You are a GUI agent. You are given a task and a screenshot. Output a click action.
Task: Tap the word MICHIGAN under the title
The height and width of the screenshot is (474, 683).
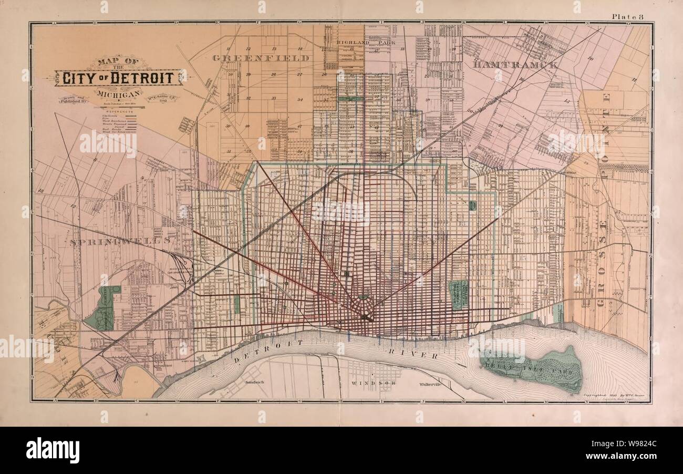[119, 94]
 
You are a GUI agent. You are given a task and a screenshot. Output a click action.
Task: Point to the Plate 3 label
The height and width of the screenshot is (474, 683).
[628, 17]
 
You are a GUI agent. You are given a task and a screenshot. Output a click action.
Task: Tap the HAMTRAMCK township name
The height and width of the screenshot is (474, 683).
[514, 65]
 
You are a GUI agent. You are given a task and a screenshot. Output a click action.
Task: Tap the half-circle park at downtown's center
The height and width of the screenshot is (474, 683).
[364, 297]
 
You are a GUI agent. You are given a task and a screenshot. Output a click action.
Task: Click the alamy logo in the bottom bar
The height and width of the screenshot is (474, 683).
[53, 450]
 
